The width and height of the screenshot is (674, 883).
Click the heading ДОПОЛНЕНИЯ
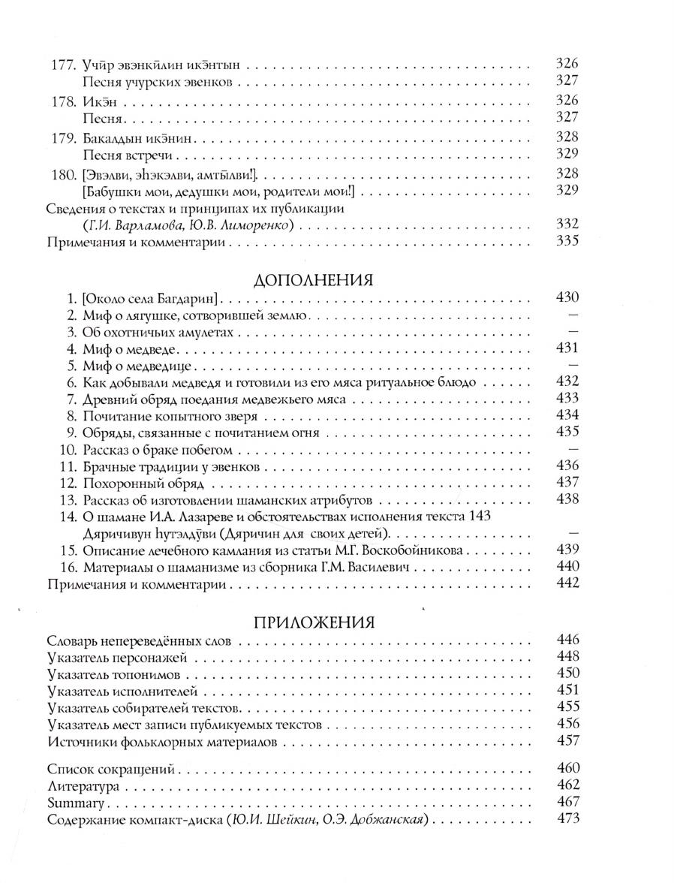click(x=314, y=280)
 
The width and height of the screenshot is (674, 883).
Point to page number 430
click(x=568, y=298)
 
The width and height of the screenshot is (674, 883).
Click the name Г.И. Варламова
click(x=125, y=225)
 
